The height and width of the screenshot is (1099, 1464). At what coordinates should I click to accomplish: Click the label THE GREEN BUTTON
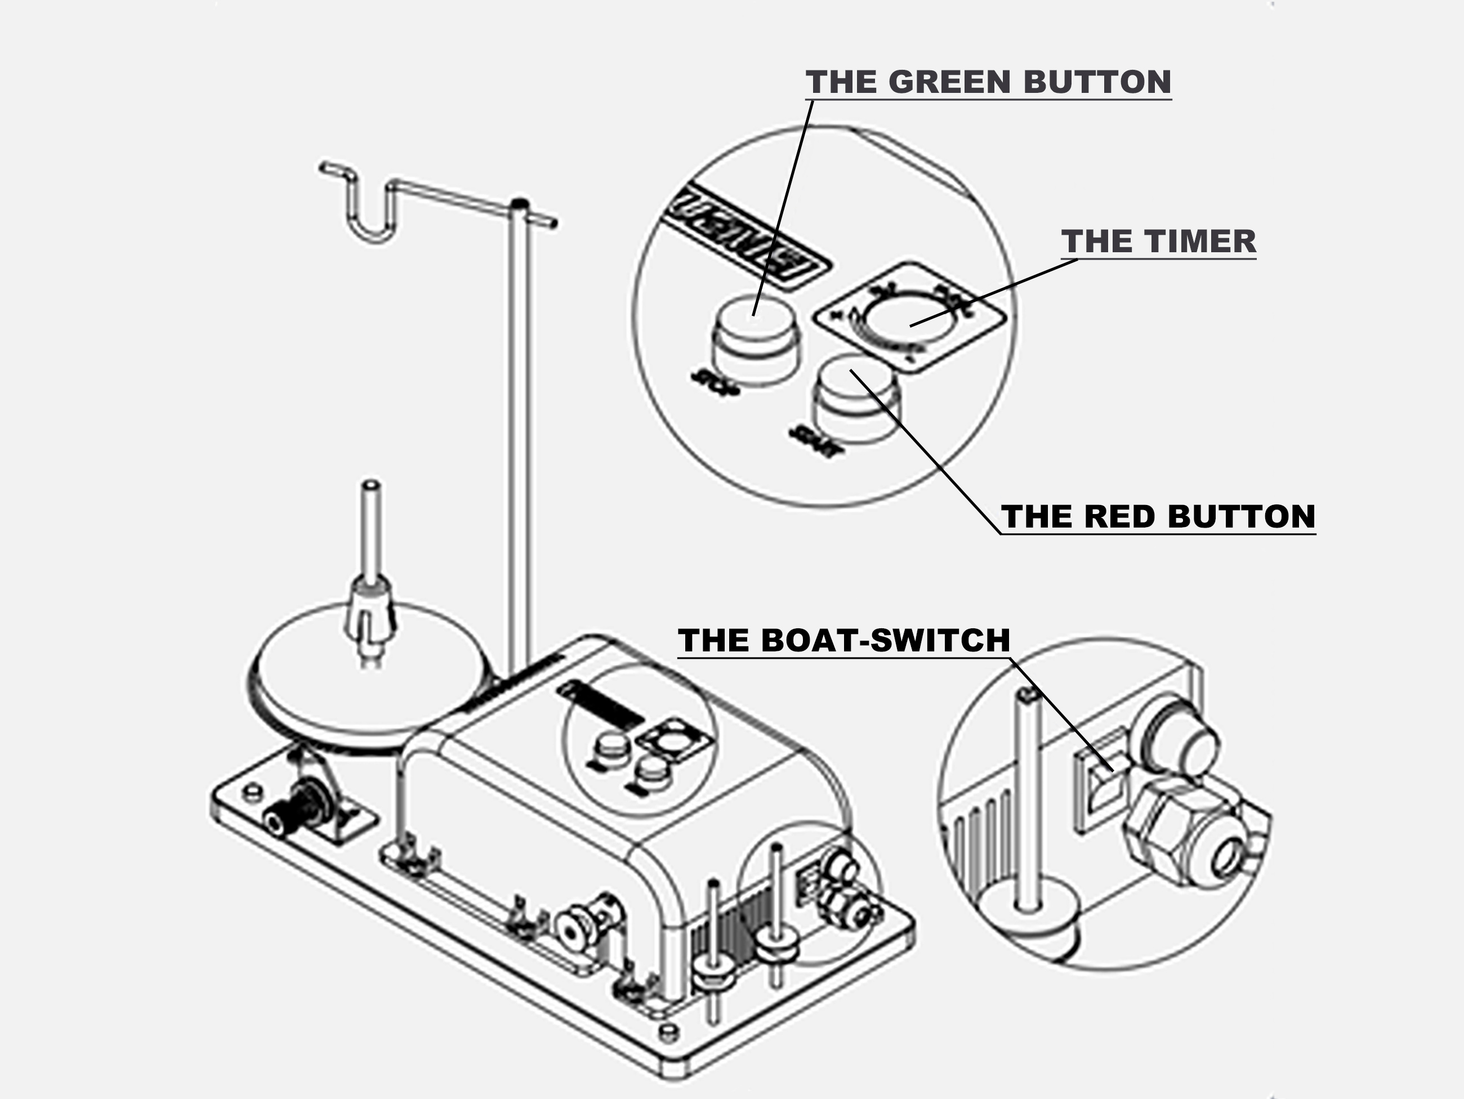pyautogui.click(x=988, y=82)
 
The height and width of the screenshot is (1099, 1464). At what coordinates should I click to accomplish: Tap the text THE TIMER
pyautogui.click(x=1158, y=242)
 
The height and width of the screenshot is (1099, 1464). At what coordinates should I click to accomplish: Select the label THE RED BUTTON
pyautogui.click(x=1158, y=517)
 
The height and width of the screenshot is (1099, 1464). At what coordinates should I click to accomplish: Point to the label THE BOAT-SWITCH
pyautogui.click(x=844, y=641)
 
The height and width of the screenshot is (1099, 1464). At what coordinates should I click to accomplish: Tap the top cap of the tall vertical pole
pyautogui.click(x=520, y=203)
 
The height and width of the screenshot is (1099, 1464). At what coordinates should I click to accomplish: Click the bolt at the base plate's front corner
pyautogui.click(x=669, y=1032)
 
